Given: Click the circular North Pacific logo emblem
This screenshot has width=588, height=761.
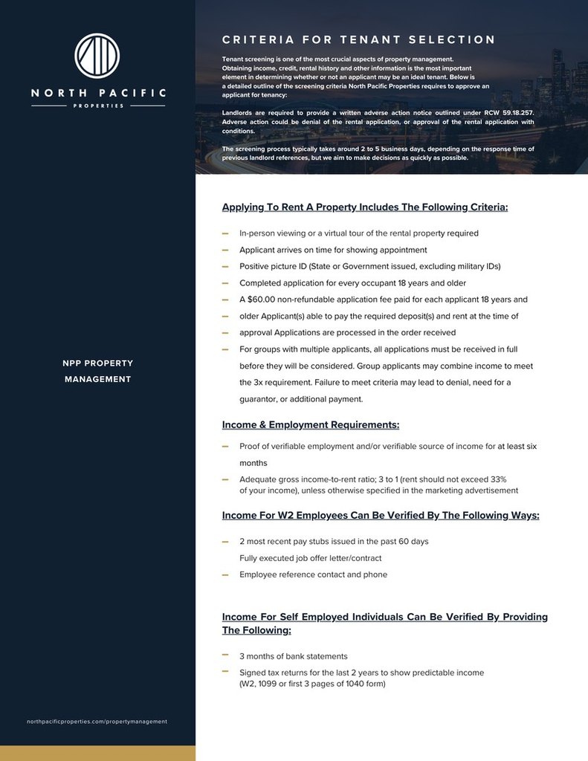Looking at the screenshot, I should tap(97, 54).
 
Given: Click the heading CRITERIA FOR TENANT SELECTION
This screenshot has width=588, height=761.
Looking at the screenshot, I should tap(358, 39).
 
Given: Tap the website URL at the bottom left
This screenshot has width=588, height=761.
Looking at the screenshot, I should tap(97, 721).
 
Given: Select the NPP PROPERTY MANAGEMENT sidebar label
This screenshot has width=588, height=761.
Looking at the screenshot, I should tap(97, 371).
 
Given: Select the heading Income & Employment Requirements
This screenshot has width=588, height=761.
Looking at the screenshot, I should tap(311, 425).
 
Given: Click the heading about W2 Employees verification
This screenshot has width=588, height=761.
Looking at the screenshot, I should tap(381, 515).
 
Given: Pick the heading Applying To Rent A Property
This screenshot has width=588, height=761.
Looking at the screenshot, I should tap(365, 207).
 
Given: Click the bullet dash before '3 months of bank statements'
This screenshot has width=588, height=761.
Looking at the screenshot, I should tap(224, 655).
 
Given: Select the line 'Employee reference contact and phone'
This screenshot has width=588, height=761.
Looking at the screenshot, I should tap(313, 574).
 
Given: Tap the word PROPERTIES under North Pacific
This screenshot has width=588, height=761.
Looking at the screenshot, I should tap(98, 106).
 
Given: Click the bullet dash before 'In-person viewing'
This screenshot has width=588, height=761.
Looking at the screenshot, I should tap(224, 233).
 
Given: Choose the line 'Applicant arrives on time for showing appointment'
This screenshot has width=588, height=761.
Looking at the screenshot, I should tap(333, 250).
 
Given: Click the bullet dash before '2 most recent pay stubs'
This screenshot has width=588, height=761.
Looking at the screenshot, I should tap(224, 541).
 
